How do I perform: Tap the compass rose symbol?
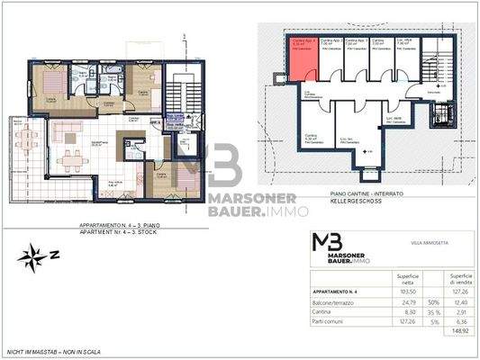pyautogui.click(x=32, y=255)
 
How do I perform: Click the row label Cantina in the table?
pyautogui.click(x=323, y=311)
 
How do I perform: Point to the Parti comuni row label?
pyautogui.click(x=329, y=321)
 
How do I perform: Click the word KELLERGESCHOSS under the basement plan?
pyautogui.click(x=335, y=200)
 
